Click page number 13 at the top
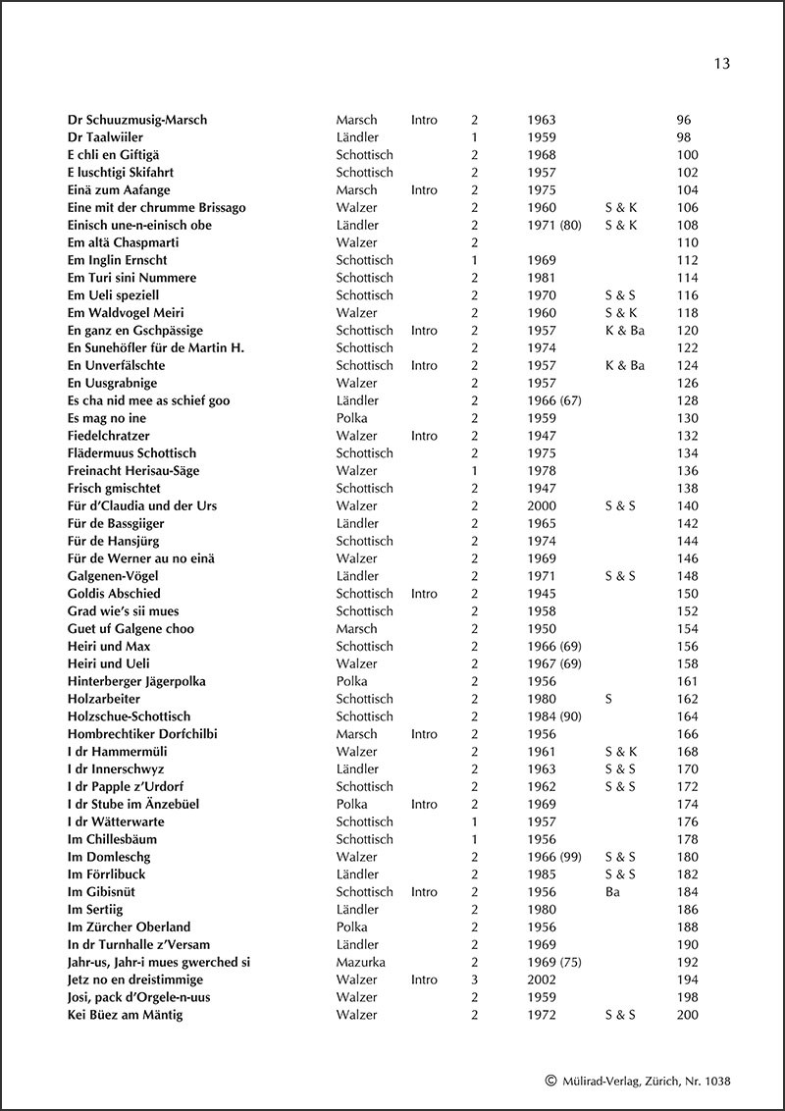click(x=721, y=64)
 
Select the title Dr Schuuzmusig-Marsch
click(x=137, y=120)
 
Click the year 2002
click(x=542, y=979)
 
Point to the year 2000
click(x=542, y=505)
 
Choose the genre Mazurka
click(x=360, y=962)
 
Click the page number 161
click(x=687, y=681)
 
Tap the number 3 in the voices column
click(x=474, y=979)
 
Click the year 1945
click(x=542, y=594)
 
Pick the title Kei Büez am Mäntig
click(x=125, y=1015)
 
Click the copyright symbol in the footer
click(x=550, y=1081)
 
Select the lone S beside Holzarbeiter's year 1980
click(x=609, y=699)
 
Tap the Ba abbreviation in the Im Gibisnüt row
click(x=613, y=892)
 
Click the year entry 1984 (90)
click(x=554, y=716)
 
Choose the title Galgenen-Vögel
click(x=113, y=576)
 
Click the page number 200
click(x=687, y=1015)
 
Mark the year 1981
click(x=542, y=278)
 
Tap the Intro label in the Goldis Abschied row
click(x=424, y=594)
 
